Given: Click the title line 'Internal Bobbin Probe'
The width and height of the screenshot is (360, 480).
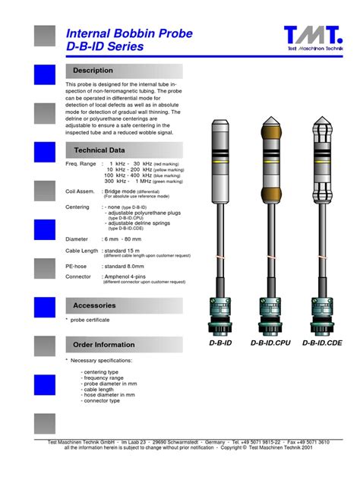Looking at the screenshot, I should pos(130,34).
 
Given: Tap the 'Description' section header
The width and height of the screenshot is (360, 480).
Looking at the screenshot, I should pos(93,71).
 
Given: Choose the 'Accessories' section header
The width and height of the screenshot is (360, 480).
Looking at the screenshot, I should pos(94,305).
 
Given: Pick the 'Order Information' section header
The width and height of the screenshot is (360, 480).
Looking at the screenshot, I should pos(104,345).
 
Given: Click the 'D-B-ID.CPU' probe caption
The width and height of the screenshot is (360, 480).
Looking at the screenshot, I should pos(271,343).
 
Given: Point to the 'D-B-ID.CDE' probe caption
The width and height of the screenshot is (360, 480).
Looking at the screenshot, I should pos(322,343).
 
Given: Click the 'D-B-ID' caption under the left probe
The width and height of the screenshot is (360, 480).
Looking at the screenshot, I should pos(221,343).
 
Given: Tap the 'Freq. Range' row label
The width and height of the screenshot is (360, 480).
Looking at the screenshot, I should pos(81,164).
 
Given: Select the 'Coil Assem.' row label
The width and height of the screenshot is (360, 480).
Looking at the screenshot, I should pos(81,191).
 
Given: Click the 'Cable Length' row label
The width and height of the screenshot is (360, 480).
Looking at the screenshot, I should pos(82,251).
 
